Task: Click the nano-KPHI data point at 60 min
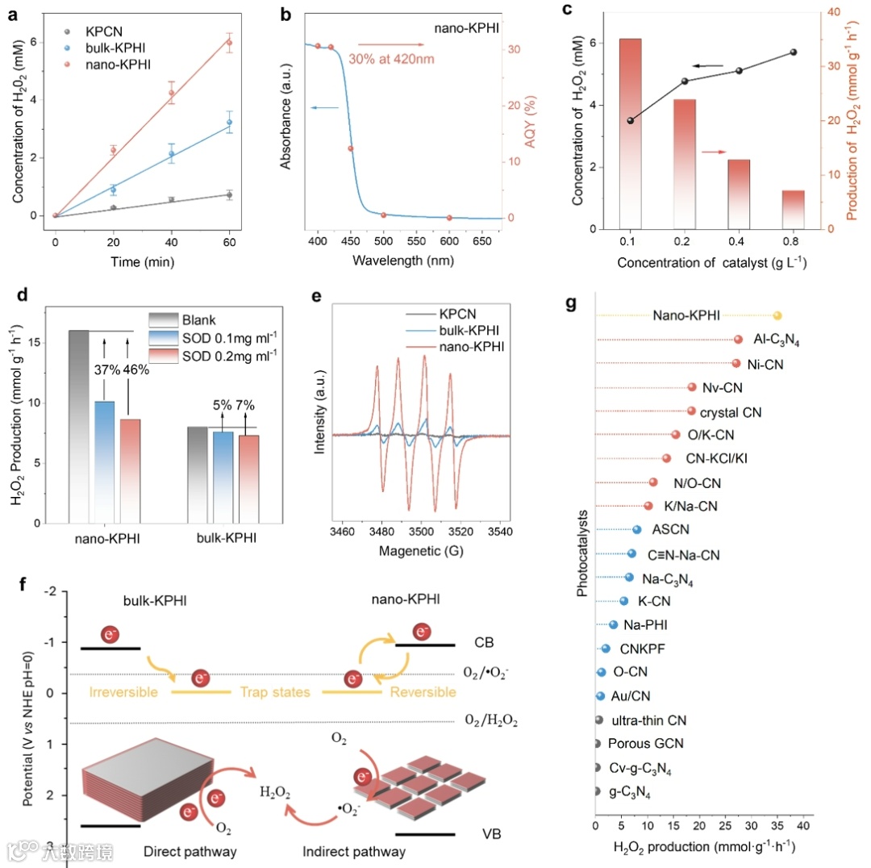pyautogui.click(x=229, y=43)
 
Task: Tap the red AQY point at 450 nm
pyautogui.click(x=350, y=149)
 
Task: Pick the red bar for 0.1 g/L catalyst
pyautogui.click(x=630, y=133)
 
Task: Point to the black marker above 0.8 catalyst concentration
pyautogui.click(x=794, y=52)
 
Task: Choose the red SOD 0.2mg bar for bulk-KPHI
pyautogui.click(x=248, y=478)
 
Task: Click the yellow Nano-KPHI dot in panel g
pyautogui.click(x=777, y=316)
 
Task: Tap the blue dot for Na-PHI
pyautogui.click(x=613, y=624)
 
